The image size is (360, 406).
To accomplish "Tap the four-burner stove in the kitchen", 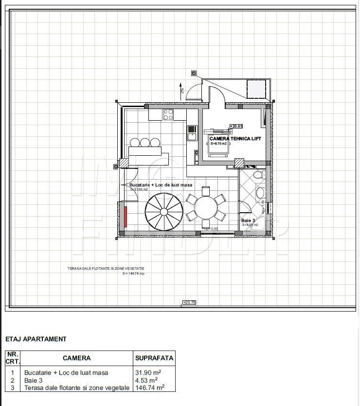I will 168,115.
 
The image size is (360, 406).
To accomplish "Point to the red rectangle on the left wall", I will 126,216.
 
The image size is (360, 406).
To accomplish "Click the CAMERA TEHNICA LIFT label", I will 235,139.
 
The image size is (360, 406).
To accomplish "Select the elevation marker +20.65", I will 236,126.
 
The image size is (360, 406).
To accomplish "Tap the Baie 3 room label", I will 249,221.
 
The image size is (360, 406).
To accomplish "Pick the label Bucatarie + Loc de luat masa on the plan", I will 161,185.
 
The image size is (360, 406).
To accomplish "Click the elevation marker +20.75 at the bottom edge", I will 189,302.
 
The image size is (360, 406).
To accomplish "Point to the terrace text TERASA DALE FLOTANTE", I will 106,268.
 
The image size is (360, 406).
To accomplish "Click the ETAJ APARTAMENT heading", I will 36,339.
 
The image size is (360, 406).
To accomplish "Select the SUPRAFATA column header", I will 154,358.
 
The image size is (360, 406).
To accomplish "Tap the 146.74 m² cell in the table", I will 149,388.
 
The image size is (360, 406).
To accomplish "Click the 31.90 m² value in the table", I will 148,372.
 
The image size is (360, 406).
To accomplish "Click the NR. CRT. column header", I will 13,358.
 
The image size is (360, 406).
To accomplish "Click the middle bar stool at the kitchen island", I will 144,143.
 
